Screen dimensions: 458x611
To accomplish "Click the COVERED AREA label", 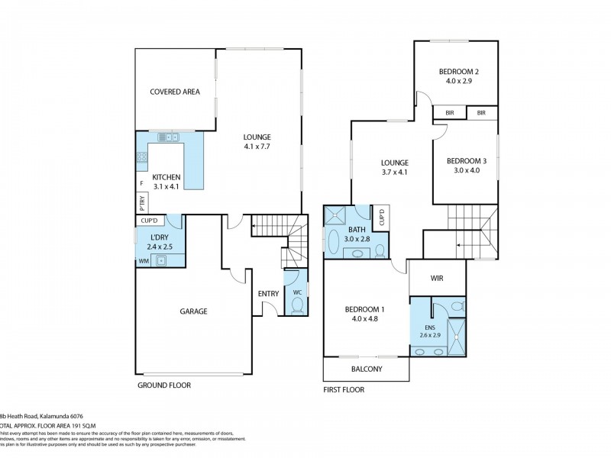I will pos(175,92).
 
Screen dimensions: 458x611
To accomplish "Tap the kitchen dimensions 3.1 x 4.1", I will pos(166,186).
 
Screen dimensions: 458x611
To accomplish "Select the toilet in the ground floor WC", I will pos(297,305).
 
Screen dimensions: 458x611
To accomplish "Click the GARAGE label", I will pos(193,311).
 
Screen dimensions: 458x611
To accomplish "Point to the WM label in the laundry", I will pos(144,261).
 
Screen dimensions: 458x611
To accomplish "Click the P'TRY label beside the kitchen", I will pos(142,203).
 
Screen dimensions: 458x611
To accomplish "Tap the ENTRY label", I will pos(268,293).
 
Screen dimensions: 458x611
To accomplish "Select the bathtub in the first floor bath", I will pos(335,242).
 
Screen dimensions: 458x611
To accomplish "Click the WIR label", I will pos(438,279).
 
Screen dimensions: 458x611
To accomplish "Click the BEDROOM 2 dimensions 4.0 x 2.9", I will pos(456,80).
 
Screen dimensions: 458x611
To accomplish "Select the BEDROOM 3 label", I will pos(464,160).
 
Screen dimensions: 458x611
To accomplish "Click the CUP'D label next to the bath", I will pos(380,217).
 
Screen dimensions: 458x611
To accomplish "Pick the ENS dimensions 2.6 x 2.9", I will pos(430,335).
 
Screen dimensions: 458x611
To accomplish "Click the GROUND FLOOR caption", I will pos(163,385).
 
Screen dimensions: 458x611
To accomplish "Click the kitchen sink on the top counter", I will pos(167,137).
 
